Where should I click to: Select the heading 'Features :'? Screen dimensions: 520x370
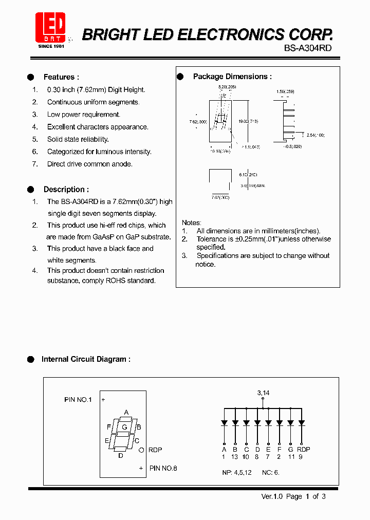(x=61, y=77)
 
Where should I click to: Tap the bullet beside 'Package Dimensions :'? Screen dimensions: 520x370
(x=180, y=77)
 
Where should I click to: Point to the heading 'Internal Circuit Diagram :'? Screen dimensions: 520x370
(x=86, y=359)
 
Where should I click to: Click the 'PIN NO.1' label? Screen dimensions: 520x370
(x=78, y=399)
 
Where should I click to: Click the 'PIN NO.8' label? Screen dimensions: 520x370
(x=163, y=468)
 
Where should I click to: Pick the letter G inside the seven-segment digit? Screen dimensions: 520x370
(x=124, y=427)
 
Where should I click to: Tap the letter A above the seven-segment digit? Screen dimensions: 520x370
(x=126, y=412)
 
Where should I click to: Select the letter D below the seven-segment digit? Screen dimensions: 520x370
(x=121, y=455)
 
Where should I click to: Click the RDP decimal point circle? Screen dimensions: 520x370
(x=141, y=450)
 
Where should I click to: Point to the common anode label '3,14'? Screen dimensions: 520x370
(x=263, y=393)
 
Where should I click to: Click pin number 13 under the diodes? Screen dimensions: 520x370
(x=235, y=457)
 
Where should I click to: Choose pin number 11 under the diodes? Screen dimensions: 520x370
(x=291, y=457)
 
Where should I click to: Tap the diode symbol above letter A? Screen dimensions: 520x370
(x=224, y=423)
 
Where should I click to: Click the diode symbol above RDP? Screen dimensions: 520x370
(x=302, y=423)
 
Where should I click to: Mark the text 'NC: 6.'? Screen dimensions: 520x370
(x=271, y=472)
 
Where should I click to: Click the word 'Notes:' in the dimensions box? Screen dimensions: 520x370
(x=192, y=222)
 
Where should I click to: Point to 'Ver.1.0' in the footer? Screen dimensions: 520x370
(x=272, y=496)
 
